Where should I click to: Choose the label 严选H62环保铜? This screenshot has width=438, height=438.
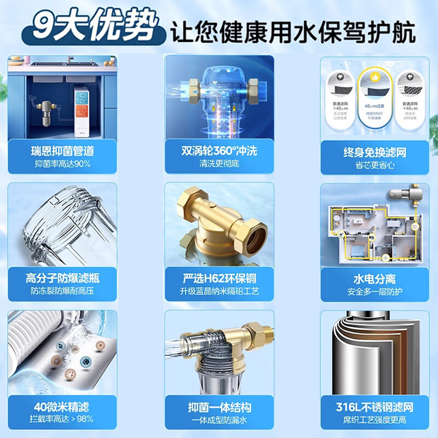pyautogui.click(x=219, y=278)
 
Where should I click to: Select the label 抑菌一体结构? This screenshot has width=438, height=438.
pyautogui.click(x=219, y=407)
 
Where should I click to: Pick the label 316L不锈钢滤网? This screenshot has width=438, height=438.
pyautogui.click(x=375, y=407)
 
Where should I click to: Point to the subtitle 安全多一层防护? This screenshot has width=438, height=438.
pyautogui.click(x=375, y=292)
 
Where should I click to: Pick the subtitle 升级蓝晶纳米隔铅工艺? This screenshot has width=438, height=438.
pyautogui.click(x=219, y=292)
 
